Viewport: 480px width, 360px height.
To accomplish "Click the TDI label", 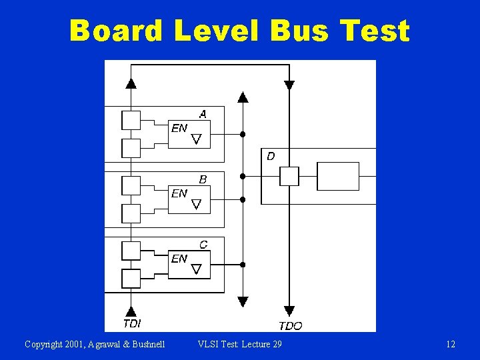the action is [131, 323].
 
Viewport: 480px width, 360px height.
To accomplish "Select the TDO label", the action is [290, 325].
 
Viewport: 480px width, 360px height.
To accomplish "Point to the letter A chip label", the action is [203, 114].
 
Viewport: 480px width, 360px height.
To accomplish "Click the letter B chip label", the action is [203, 179].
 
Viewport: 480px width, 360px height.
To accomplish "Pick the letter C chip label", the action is [203, 245].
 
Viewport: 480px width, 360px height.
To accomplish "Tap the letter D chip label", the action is [270, 157].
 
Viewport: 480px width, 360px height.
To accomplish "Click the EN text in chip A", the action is [179, 127].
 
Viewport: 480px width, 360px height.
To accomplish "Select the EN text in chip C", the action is [179, 259].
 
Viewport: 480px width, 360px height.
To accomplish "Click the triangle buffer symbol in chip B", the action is [196, 204].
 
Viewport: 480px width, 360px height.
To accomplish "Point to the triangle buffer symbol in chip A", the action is [196, 139].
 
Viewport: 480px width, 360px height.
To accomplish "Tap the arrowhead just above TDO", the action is [289, 311].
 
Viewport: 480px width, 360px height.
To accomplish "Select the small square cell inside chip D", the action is [289, 176].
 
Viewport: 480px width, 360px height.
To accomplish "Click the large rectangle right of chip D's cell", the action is [337, 176].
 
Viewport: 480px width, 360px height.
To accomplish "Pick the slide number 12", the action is [451, 344].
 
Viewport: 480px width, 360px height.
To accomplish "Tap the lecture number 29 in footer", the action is [277, 344].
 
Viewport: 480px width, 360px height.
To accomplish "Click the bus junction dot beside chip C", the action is [243, 265].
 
